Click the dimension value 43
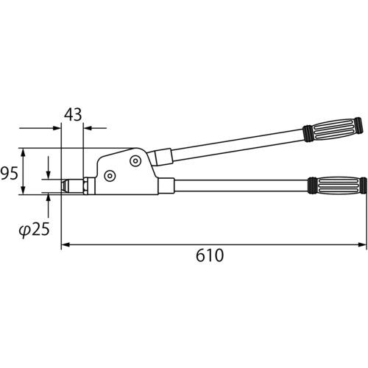pos(73,115)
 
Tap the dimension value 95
pos(10,173)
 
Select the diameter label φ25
pos(35,230)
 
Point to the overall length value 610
pos(210,255)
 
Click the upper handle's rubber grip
pos(333,130)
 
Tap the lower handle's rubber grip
pos(338,185)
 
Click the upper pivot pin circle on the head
pos(135,161)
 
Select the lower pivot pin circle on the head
pos(110,176)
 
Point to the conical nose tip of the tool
pos(64,187)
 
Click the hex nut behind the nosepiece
pos(85,186)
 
